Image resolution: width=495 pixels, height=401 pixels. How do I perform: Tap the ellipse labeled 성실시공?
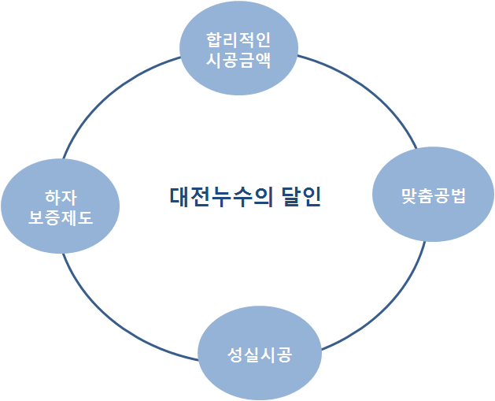259,354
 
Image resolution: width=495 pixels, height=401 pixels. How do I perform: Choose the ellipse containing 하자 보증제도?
61,206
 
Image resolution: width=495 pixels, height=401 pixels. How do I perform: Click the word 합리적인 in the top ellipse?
238,39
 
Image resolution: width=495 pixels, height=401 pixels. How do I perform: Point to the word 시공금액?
238,60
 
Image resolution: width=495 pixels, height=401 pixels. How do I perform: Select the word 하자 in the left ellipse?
61,196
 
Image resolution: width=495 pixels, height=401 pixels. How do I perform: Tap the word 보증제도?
61,217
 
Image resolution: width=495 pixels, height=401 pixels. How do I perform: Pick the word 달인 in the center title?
300,195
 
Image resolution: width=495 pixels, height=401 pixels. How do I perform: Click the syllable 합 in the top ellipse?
215,39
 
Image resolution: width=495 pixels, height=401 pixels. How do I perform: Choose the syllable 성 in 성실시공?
235,355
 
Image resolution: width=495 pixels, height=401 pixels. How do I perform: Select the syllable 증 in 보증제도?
53,217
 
